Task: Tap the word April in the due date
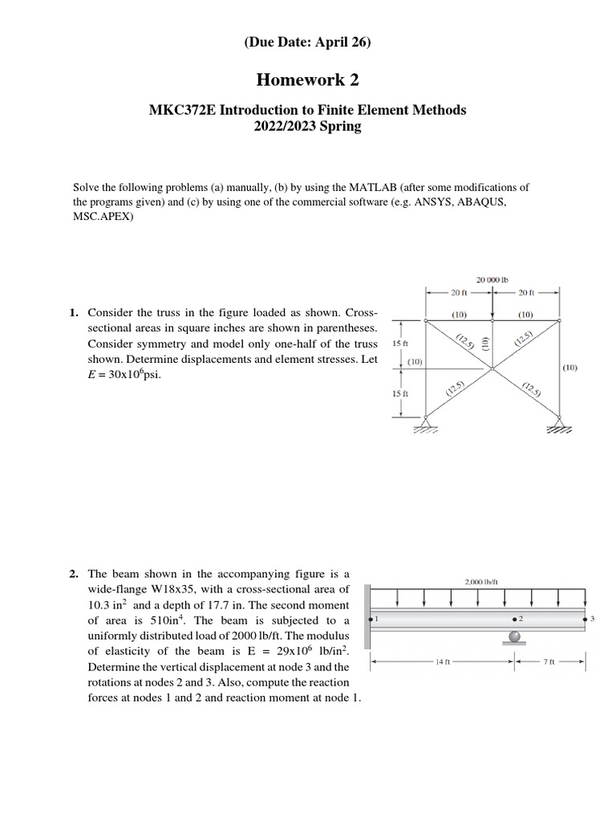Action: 328,44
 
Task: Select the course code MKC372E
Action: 184,110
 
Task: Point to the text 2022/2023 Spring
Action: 308,127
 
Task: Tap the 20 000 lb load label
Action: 492,280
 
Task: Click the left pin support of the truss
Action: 427,422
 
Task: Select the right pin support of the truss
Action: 559,422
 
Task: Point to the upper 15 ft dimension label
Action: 399,344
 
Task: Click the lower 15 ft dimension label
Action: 399,393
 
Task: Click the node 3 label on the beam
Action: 592,620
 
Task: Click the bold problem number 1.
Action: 72,312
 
